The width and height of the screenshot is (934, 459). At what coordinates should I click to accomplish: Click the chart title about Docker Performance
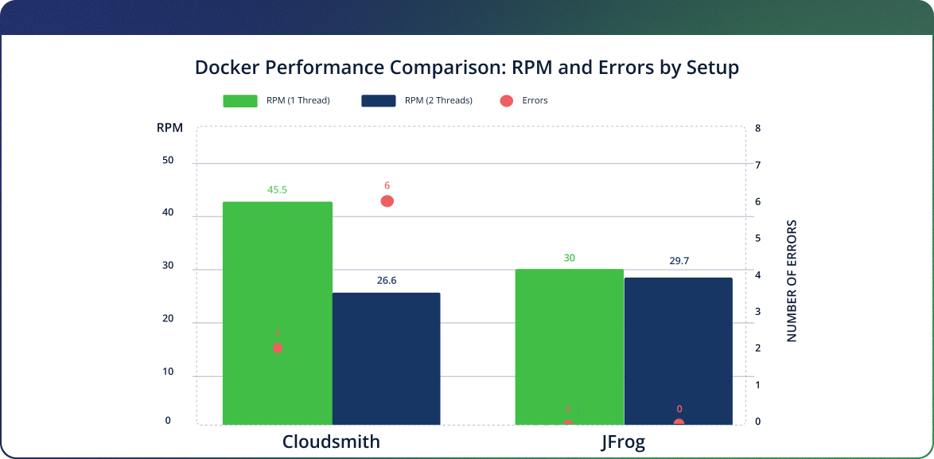pyautogui.click(x=467, y=68)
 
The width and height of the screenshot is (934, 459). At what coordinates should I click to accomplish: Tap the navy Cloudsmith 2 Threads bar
pyautogui.click(x=386, y=358)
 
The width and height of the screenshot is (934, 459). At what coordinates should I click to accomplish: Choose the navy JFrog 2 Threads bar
pyautogui.click(x=678, y=350)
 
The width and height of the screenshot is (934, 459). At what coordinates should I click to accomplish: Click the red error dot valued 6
pyautogui.click(x=387, y=201)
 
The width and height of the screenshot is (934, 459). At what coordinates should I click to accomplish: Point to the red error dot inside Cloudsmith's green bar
pyautogui.click(x=278, y=348)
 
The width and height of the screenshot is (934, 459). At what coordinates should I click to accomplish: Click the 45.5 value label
pyautogui.click(x=277, y=190)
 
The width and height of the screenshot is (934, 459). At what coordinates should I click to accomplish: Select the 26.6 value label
pyautogui.click(x=387, y=280)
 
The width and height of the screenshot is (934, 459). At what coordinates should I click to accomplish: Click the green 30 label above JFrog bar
pyautogui.click(x=569, y=258)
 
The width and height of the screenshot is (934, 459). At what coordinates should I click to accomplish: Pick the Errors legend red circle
pyautogui.click(x=506, y=101)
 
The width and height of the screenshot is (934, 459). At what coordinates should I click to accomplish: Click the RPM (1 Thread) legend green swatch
pyautogui.click(x=239, y=101)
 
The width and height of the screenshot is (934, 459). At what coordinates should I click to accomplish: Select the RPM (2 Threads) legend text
pyautogui.click(x=438, y=101)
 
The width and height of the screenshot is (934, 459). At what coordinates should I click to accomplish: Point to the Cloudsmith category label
pyautogui.click(x=331, y=442)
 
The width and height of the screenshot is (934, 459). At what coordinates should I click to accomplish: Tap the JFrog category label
pyautogui.click(x=623, y=442)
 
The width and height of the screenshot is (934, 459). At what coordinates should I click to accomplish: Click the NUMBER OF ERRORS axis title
pyautogui.click(x=792, y=281)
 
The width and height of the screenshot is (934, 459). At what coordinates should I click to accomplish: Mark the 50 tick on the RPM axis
pyautogui.click(x=167, y=160)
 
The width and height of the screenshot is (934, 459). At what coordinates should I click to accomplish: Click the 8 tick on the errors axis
pyautogui.click(x=757, y=128)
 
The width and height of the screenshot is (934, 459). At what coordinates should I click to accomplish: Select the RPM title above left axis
pyautogui.click(x=169, y=128)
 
